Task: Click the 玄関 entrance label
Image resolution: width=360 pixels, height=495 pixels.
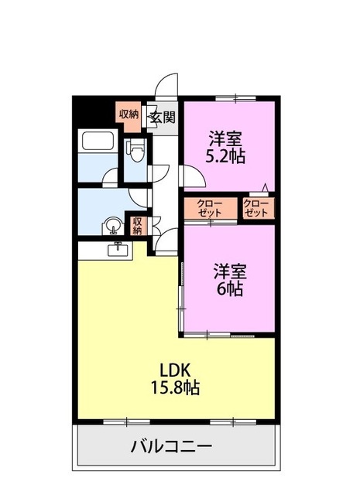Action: point(162,118)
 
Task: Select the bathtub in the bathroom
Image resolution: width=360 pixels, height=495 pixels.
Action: point(98,142)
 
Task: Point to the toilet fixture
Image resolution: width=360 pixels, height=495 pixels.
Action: point(137,151)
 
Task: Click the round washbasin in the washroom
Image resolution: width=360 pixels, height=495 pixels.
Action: point(113,226)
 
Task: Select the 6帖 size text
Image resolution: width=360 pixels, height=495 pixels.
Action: point(230,289)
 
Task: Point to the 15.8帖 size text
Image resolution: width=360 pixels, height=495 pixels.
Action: point(180,387)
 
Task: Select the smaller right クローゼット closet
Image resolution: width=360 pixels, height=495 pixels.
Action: point(256,209)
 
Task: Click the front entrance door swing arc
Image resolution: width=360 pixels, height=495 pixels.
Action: point(166,85)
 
